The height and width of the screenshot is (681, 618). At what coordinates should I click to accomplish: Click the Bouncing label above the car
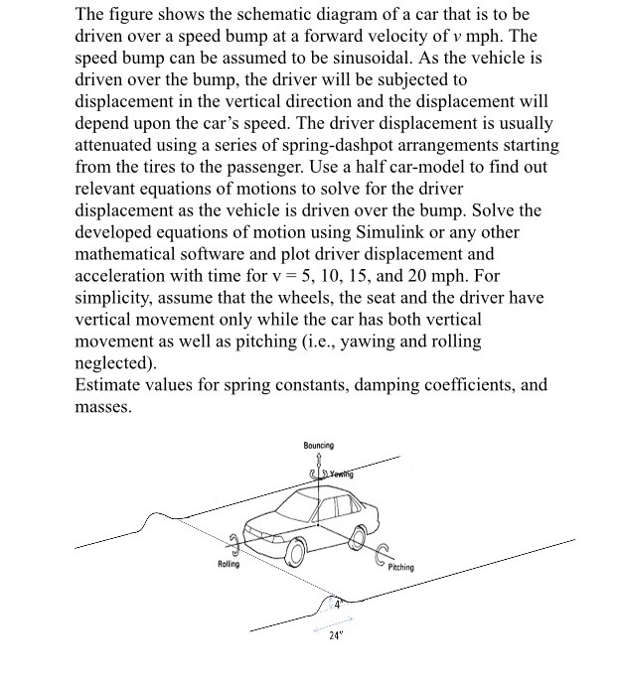pos(318,446)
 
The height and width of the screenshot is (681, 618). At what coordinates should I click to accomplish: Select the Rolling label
pos(229,565)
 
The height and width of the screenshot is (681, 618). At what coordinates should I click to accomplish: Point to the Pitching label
pos(401,568)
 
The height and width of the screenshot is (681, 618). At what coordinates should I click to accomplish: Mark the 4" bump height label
pos(338,603)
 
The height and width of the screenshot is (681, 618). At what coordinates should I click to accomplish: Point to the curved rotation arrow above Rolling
pos(235,542)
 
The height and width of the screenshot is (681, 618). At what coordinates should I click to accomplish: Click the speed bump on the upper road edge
pos(155,518)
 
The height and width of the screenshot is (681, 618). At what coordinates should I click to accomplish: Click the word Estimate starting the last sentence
pos(109,385)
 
